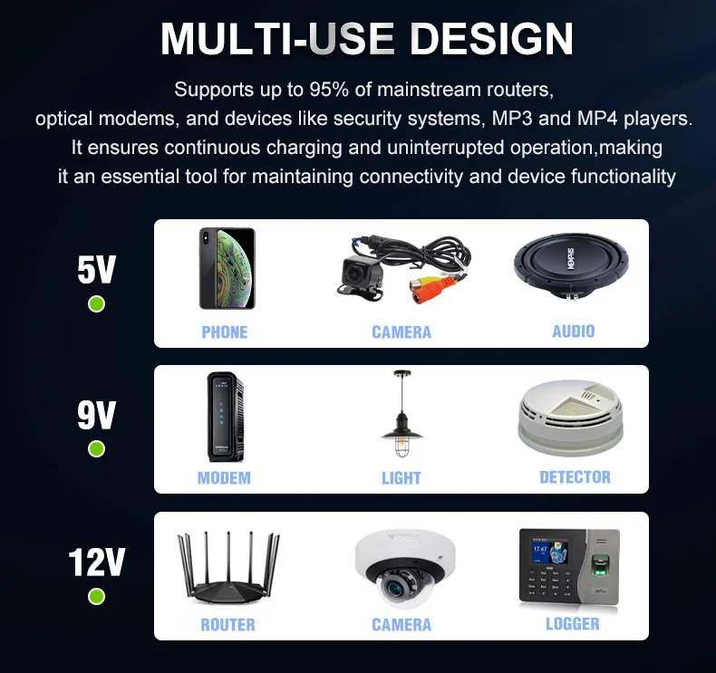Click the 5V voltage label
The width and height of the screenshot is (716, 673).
coord(96,269)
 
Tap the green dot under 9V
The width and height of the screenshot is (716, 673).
coord(96,448)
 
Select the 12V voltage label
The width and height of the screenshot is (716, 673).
coord(96,562)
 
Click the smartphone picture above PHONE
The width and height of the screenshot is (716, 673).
coord(227,268)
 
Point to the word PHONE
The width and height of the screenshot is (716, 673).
coord(225,332)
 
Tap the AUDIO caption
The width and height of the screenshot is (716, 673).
coord(574,332)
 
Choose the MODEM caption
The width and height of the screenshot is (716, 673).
coord(224,477)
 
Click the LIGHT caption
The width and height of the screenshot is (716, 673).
coord(402,477)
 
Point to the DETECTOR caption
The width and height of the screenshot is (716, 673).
coord(575,477)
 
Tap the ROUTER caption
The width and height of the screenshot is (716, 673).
coord(227,624)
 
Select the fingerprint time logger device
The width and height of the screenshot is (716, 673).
coord(567,567)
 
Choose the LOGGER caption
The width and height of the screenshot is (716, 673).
coord(573,623)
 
